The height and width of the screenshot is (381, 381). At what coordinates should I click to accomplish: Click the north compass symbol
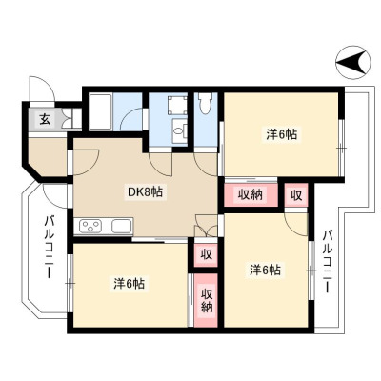point(353,62)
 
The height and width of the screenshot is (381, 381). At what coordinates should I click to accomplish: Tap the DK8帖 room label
point(145,191)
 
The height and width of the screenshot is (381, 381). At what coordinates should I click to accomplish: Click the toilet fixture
point(205,103)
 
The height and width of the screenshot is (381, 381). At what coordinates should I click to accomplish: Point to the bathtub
point(100,111)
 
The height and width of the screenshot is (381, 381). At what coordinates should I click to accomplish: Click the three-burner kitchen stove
point(91,227)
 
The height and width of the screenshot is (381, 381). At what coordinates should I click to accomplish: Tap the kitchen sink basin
point(122,226)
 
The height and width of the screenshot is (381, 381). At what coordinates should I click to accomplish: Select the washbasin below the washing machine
point(180,130)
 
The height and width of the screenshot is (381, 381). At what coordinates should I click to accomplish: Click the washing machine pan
point(177,106)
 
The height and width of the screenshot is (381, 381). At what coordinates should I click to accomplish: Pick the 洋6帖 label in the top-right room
point(282,135)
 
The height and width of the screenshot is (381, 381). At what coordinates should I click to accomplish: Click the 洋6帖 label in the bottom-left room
point(130,283)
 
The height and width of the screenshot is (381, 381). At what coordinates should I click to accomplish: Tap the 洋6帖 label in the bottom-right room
point(265,270)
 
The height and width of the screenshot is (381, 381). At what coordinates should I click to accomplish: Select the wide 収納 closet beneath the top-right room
point(251,194)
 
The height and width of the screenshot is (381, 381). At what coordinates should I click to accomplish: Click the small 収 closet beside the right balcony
point(296,195)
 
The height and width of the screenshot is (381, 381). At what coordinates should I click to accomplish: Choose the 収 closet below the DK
point(206,254)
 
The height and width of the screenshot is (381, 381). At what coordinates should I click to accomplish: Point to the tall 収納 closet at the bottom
point(206,300)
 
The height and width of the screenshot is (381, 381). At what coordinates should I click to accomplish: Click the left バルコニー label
point(49,247)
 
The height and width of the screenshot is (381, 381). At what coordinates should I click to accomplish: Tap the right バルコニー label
point(328,261)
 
